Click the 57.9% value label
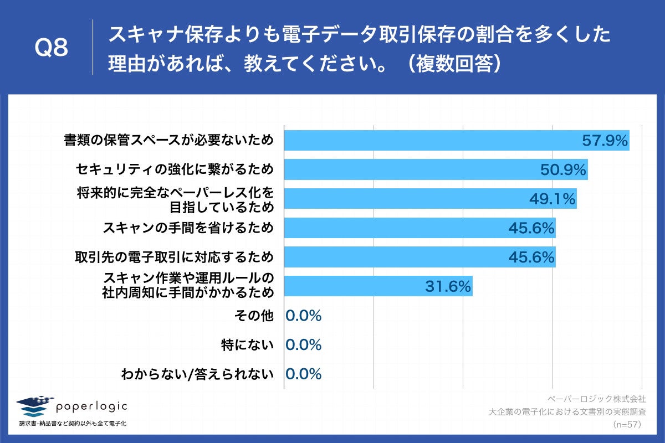(x=605, y=141)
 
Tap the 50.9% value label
(x=563, y=170)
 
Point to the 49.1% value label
(x=552, y=199)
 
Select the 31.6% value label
(x=448, y=286)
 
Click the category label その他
(x=254, y=316)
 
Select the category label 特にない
(x=247, y=345)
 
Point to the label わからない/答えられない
(x=197, y=374)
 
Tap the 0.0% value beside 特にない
(x=304, y=345)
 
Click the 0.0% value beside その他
(x=304, y=316)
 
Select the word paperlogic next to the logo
(x=91, y=406)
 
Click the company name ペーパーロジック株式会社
(x=596, y=399)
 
